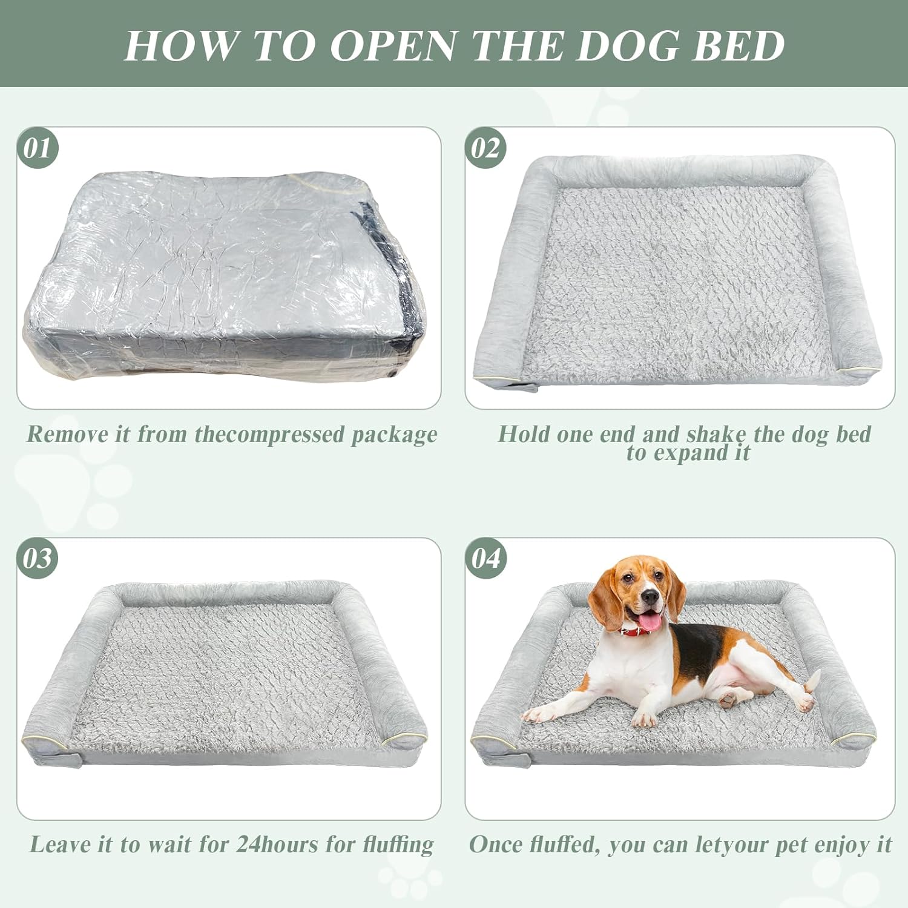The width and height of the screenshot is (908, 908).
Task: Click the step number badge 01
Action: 38,148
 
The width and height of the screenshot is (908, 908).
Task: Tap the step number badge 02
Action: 485,148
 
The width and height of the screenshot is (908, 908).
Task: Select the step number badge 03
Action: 38,558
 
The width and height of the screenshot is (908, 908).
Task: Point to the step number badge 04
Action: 485,558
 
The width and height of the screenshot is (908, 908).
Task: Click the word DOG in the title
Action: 626,45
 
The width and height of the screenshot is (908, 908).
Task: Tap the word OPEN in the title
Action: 393,45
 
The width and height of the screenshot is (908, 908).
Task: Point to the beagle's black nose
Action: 650,598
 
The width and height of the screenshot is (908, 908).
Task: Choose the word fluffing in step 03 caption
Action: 398,844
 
